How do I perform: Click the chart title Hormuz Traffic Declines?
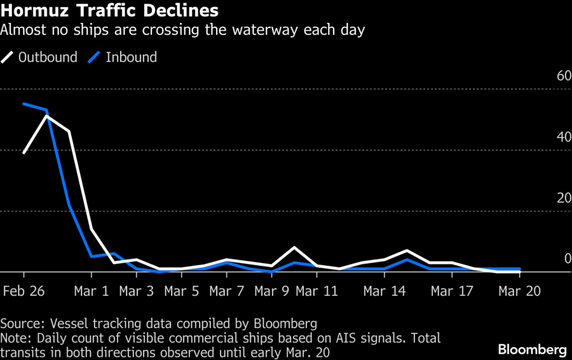111,11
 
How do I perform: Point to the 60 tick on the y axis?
564,76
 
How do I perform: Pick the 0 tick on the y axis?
568,259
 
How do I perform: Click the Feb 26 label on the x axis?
24,291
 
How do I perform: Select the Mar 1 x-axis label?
92,291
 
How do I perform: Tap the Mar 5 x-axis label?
182,291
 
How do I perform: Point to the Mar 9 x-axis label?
272,291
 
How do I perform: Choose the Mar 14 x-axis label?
385,291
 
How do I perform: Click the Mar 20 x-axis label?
520,291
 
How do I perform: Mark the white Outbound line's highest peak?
46,116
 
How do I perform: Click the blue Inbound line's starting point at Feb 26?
24,104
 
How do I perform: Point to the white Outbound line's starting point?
24,153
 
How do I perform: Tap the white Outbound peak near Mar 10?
294,247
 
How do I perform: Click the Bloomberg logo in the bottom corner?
532,349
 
